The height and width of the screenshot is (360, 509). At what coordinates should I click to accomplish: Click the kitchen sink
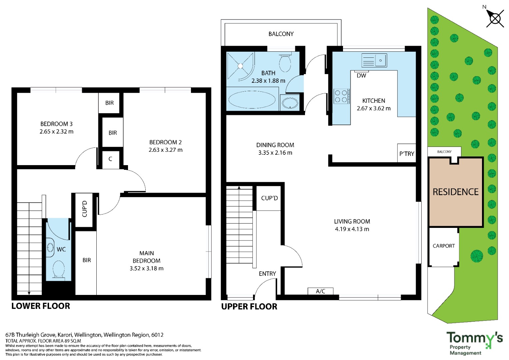point(374,60)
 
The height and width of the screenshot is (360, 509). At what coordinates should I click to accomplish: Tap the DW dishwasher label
point(361,76)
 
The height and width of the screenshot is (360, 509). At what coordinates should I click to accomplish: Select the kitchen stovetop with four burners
point(342,96)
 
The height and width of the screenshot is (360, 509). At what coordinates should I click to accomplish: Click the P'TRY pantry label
point(407,154)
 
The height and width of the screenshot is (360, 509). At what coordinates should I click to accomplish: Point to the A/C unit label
point(320,291)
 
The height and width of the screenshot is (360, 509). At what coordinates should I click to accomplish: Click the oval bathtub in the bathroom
point(252,100)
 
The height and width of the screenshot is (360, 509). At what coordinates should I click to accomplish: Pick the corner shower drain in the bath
point(240,66)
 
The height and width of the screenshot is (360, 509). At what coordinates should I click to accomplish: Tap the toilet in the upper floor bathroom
point(285,63)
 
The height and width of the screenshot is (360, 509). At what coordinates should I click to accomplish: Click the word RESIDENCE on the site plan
point(455,192)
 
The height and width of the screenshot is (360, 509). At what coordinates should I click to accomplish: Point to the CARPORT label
point(444,246)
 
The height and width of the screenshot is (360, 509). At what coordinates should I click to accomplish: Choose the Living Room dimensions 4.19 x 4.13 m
point(352,229)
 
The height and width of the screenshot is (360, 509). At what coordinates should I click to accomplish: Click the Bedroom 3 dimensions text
point(56,131)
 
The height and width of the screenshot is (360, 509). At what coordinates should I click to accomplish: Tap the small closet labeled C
point(110,159)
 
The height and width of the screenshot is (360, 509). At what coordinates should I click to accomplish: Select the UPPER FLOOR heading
point(249,307)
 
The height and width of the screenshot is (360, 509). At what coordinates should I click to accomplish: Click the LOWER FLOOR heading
point(41,306)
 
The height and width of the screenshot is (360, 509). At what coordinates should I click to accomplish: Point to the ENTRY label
point(267,274)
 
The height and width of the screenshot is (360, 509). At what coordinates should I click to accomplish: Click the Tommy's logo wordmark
point(474,338)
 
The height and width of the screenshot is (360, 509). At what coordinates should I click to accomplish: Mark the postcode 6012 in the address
point(157,335)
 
